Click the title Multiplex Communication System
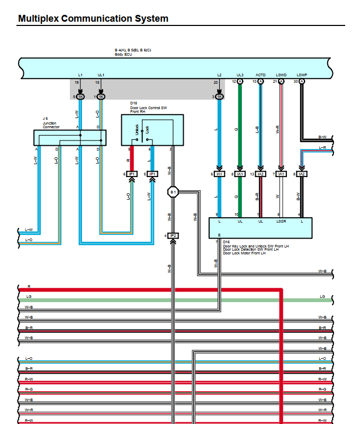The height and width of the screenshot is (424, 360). (93, 19)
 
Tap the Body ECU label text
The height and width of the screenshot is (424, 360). (122, 55)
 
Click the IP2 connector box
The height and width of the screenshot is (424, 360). (173, 235)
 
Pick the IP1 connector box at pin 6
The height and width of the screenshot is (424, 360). (132, 174)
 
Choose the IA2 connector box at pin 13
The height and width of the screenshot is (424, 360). (260, 174)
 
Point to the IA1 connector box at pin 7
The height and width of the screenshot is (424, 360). (281, 174)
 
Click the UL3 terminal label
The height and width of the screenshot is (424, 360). (240, 75)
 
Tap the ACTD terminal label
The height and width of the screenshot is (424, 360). (260, 75)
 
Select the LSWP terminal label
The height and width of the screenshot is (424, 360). (302, 75)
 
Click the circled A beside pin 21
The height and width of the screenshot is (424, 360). (281, 82)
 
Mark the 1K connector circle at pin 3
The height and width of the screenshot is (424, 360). (219, 97)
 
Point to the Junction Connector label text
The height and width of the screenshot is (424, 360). (51, 126)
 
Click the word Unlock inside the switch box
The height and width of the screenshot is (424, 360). (137, 129)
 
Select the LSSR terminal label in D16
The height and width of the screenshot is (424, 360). (281, 221)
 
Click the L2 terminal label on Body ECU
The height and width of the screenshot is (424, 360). (219, 75)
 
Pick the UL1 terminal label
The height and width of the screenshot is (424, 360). (101, 75)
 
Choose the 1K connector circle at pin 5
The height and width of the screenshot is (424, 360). (80, 97)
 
